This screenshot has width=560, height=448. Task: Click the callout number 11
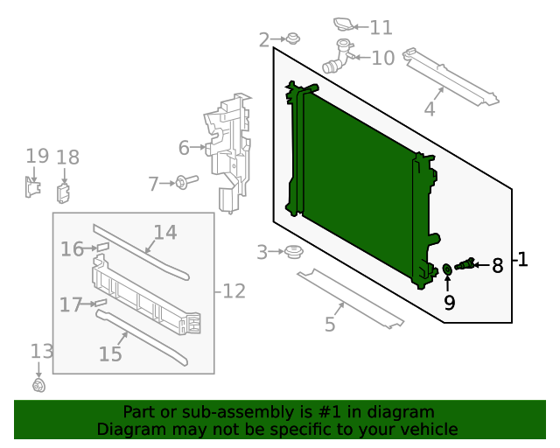pos(381,28)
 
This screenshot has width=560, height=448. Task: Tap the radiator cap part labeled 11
pos(347,24)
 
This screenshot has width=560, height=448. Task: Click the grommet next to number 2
pos(292,38)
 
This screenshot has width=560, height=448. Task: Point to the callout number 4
pos(429,109)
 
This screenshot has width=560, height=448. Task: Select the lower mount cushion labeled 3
pos(292,253)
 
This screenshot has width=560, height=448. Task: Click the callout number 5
pos(329,325)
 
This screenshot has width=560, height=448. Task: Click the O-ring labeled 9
pos(447,269)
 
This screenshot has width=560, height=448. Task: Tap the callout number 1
pos(522,260)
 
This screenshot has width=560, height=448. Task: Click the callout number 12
pos(234,290)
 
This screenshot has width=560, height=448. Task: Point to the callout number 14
pos(165,233)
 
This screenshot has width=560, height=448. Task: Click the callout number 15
pos(110,353)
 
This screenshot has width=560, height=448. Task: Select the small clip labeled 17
pos(101,304)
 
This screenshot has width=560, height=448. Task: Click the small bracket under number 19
pos(32,187)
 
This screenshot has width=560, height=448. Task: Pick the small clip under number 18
pos(64,192)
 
